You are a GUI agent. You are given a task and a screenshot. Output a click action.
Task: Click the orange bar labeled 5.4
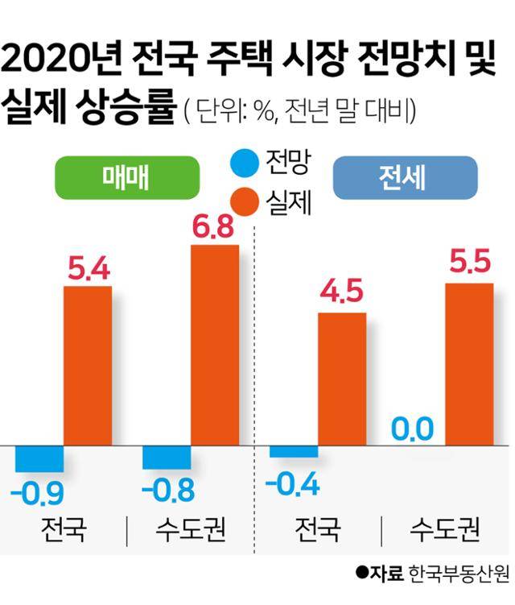[x=87, y=365]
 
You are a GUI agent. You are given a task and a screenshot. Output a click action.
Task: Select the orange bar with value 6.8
[x=214, y=344]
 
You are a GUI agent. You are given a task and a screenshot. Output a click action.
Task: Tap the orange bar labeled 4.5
[x=342, y=379]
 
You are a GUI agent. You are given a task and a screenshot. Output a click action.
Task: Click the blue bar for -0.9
[x=39, y=458]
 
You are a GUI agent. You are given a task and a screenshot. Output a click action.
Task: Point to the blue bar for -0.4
[x=294, y=451]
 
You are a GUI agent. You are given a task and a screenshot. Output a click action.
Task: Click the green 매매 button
[x=126, y=177]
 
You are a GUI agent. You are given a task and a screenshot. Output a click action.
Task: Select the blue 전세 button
[x=406, y=177]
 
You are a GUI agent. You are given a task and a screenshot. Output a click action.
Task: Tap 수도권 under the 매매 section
[x=191, y=532]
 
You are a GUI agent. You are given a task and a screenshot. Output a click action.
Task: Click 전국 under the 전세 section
[x=317, y=532]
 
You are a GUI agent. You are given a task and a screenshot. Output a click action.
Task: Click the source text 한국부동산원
[x=459, y=574]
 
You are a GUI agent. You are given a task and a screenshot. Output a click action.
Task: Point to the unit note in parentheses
[x=299, y=111]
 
